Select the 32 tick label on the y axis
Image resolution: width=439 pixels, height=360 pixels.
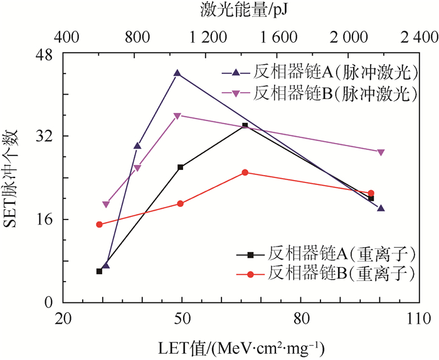click(x=48, y=136)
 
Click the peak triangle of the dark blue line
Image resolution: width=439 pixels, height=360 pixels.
click(x=177, y=73)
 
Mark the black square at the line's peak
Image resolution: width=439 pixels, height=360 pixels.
click(x=245, y=126)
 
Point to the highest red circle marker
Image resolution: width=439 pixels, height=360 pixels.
click(x=245, y=172)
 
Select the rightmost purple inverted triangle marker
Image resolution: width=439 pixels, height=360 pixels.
click(x=381, y=152)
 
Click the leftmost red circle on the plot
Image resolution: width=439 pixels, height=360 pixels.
click(x=99, y=225)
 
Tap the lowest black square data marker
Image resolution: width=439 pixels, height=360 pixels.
click(x=99, y=271)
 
